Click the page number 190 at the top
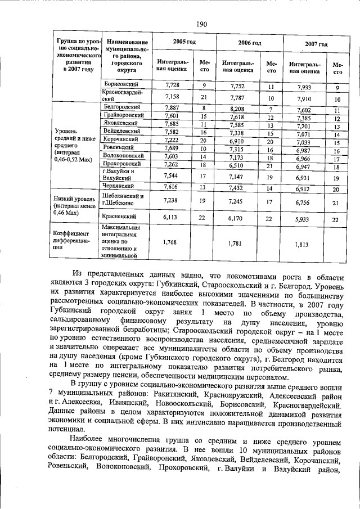(202, 24)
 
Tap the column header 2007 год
(316, 44)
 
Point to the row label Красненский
(120, 216)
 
